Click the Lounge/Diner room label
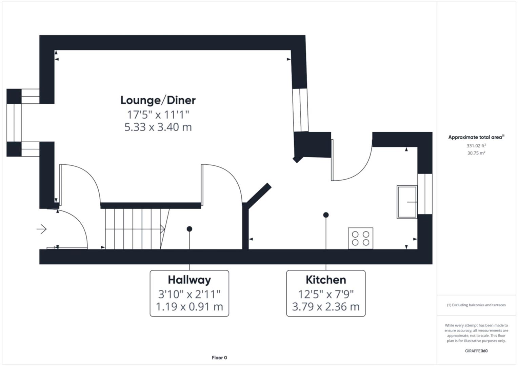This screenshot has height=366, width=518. coord(158,100)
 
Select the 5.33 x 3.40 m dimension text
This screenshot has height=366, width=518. coord(158,127)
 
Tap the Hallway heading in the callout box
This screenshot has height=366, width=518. coord(189,280)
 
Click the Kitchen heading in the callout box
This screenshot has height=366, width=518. coord(326,280)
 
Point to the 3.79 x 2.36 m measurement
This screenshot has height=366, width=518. coord(326,307)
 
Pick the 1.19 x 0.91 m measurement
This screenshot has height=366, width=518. coord(189,307)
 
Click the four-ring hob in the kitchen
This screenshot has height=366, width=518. coord(360,238)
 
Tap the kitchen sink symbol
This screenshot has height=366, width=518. coord(407,202)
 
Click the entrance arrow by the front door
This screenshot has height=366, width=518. coord(42,229)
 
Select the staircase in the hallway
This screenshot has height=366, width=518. coord(136,229)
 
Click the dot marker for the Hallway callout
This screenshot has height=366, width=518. coord(190,229)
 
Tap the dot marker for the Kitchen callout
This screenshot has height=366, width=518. coord(326,215)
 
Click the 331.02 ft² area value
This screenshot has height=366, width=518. coord(476,146)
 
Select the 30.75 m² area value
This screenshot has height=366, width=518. coord(476,153)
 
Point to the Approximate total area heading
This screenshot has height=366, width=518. coord(476,137)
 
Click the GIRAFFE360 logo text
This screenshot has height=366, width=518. coord(476,351)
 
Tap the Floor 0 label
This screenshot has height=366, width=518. coord(219,358)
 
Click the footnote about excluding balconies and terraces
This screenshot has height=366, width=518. coord(476,305)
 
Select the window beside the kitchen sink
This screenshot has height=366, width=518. coord(425,194)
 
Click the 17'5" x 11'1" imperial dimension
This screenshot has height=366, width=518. coord(158,115)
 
